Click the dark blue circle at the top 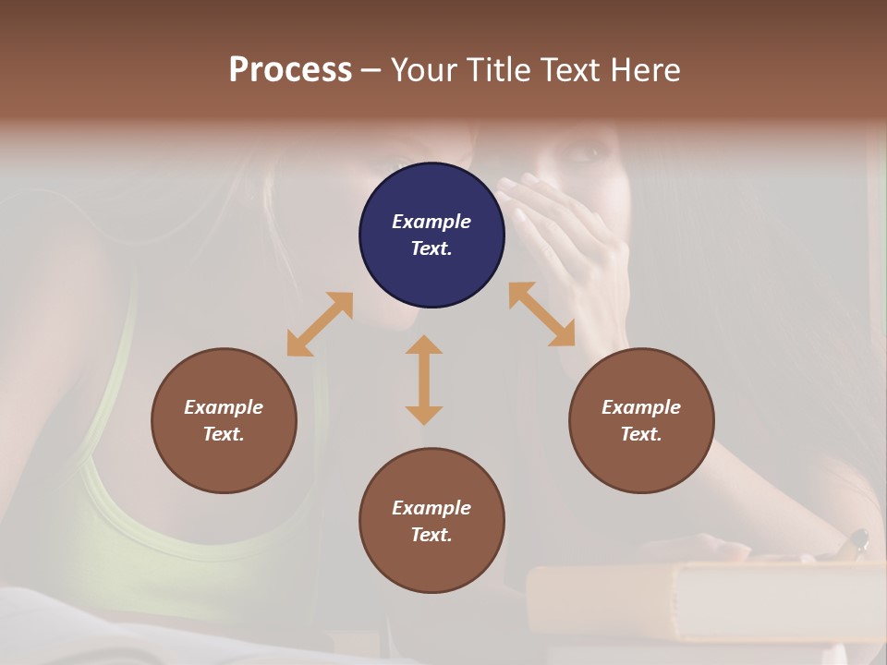[x=431, y=236]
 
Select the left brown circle [x=224, y=421]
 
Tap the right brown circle [x=641, y=421]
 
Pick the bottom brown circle [x=431, y=521]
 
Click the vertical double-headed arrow [x=424, y=380]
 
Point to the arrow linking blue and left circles [x=320, y=324]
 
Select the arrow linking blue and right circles [x=541, y=314]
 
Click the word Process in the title [x=290, y=70]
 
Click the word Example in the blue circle [x=431, y=222]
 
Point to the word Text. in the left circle [x=224, y=434]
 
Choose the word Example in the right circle [x=641, y=407]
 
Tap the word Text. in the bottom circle [x=431, y=535]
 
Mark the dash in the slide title [x=371, y=71]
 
